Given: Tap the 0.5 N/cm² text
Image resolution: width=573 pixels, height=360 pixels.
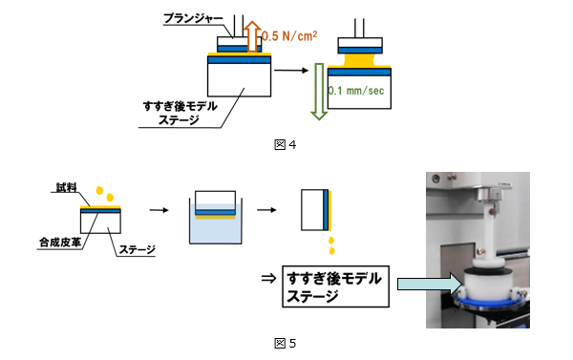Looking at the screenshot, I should click(x=286, y=35).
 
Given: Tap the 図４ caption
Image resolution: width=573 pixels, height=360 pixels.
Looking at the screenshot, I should click(x=286, y=145).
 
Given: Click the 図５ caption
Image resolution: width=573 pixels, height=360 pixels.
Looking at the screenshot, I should click(x=286, y=343).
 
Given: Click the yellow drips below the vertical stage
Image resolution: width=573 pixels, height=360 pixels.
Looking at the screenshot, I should click(x=330, y=244).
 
